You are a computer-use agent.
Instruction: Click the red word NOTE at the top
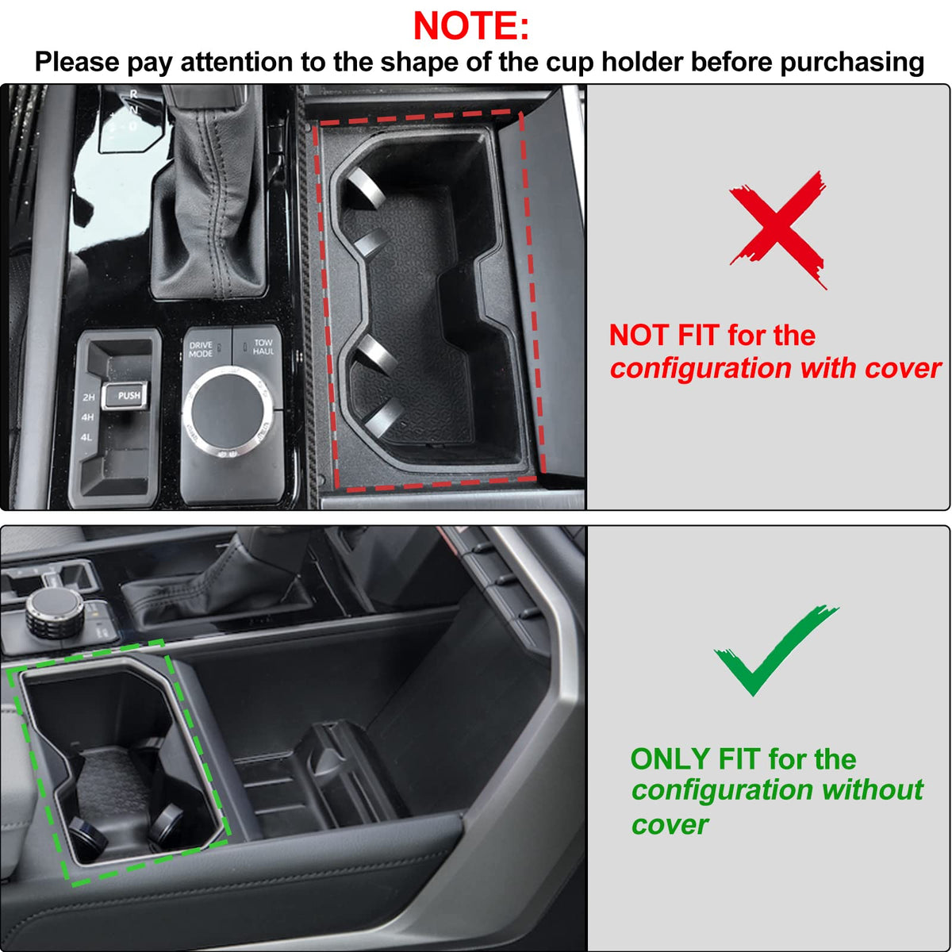(x=465, y=25)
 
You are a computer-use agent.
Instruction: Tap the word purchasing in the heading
(x=852, y=63)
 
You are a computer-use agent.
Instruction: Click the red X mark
(x=778, y=230)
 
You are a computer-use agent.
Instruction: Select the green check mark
(x=775, y=651)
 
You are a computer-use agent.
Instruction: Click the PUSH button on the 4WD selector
(x=125, y=396)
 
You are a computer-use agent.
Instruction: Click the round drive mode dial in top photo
(x=227, y=411)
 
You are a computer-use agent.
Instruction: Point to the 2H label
(x=89, y=397)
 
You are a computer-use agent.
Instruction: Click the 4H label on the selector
(x=87, y=417)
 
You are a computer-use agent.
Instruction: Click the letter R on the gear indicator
(x=133, y=94)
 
